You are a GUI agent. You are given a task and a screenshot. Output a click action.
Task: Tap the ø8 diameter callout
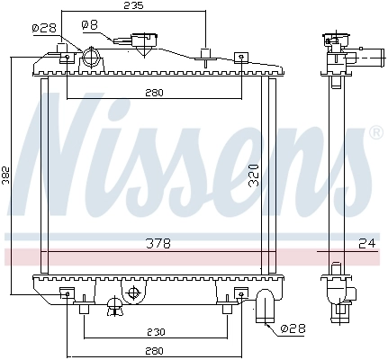(90, 25)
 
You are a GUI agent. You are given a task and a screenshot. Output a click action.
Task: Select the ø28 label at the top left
(42, 29)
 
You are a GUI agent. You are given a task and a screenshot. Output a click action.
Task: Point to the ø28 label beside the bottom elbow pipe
(293, 329)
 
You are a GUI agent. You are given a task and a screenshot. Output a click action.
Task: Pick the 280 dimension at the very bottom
(153, 351)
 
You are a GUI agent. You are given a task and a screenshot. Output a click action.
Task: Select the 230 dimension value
(155, 329)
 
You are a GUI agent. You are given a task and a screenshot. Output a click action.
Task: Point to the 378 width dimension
(160, 244)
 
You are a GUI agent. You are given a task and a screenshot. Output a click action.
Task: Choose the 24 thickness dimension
(366, 244)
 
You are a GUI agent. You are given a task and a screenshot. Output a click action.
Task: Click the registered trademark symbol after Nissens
(375, 132)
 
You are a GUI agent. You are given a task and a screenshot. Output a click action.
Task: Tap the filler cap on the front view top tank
(142, 42)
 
